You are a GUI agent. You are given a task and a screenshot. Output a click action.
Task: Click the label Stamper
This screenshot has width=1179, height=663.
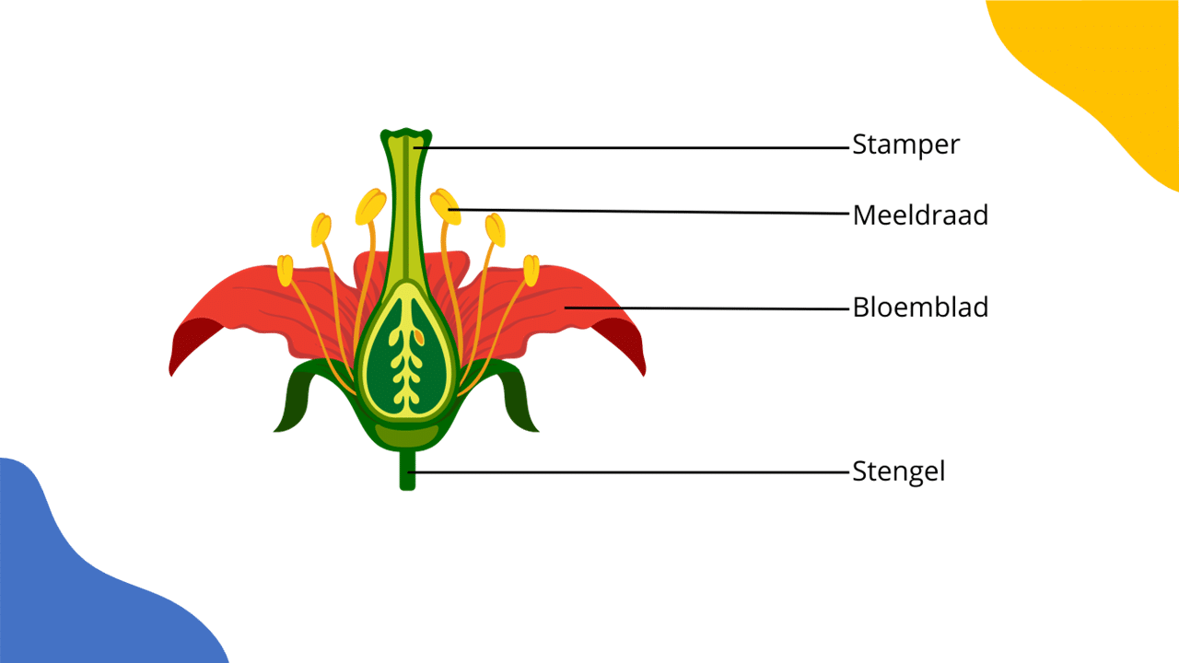coord(905,145)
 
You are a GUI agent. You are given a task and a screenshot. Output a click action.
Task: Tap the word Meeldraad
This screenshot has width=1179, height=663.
coord(920,215)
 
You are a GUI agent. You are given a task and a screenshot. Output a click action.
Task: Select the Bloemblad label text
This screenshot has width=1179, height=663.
coord(920,307)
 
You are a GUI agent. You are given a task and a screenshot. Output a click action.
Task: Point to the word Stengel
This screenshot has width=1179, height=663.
coord(898,471)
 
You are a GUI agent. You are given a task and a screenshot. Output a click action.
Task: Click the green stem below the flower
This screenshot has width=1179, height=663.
coord(407,470)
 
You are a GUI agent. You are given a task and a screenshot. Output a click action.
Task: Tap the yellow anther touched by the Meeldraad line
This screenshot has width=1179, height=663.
coord(445,207)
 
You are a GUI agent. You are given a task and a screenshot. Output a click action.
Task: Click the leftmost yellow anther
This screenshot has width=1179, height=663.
coord(285,271)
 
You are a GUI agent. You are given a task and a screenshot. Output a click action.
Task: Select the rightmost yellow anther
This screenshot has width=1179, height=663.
coord(531,271)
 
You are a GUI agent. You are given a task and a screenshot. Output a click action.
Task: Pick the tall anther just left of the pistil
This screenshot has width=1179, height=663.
coord(370,207)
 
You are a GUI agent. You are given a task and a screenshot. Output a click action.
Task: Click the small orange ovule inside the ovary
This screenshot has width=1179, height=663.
coord(418,336)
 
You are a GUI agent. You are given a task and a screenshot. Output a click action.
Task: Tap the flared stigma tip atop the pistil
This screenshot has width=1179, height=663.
coord(406,134)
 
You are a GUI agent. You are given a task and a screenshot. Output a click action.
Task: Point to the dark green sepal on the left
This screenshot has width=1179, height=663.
coord(296,399)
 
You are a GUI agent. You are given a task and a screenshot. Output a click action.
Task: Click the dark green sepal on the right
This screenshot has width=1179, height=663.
coord(518,399)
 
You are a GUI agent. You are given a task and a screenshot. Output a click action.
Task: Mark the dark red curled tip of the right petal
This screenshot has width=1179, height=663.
coord(624,341)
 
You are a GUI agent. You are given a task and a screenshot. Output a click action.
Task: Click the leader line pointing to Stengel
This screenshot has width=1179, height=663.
coord(628,472)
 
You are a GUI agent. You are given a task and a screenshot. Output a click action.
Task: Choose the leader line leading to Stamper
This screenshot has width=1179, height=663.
coord(632,148)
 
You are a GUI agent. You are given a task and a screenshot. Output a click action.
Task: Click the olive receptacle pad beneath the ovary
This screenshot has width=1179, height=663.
coord(406,436)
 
